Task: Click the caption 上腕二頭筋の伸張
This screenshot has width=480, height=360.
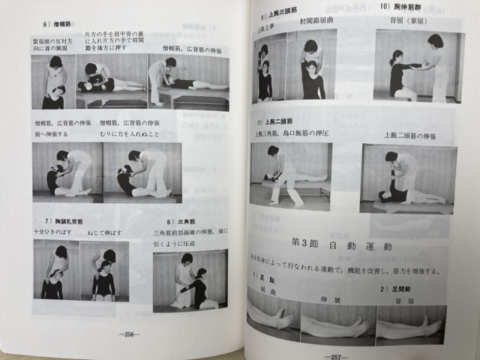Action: (411, 135)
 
